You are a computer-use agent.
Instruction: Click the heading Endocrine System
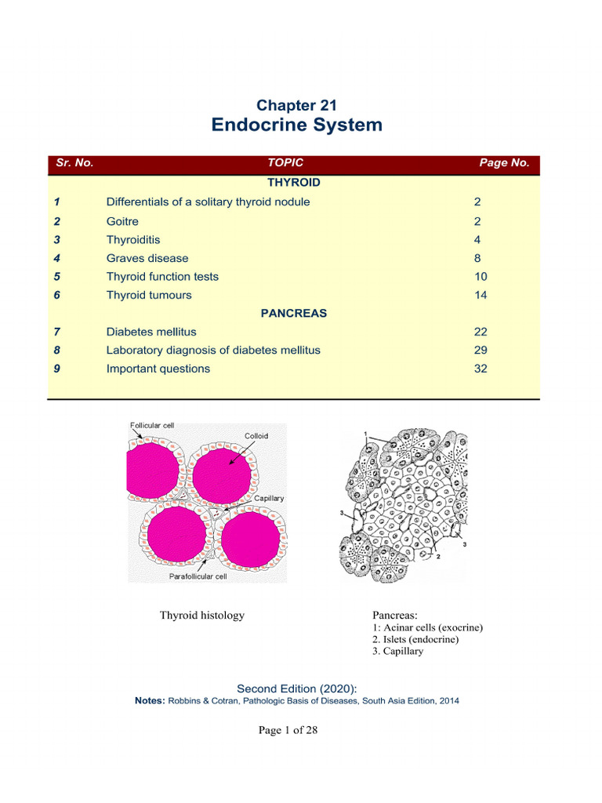[297, 125]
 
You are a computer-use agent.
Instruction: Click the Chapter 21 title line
[297, 105]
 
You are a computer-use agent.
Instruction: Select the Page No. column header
[504, 163]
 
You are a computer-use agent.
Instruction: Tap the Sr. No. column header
[74, 163]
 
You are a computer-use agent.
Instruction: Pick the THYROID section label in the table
[293, 182]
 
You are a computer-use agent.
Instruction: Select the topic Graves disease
[147, 258]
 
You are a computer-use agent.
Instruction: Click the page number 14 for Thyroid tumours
[481, 296]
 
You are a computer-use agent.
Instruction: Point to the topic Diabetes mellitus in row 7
[151, 332]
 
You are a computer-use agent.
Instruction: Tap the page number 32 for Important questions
[481, 369]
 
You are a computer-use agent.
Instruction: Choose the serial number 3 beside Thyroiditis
[57, 240]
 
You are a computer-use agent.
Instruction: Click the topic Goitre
[122, 221]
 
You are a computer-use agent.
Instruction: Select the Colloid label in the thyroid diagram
[256, 436]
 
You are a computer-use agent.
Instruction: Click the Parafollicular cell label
[198, 576]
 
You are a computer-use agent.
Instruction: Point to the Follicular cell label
[152, 426]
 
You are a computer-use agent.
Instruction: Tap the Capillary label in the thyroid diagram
[269, 498]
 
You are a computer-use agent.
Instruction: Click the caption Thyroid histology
[202, 616]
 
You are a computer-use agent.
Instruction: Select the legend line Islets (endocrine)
[415, 639]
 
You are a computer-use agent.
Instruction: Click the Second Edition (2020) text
[297, 689]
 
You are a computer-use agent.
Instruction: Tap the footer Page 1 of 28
[288, 730]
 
